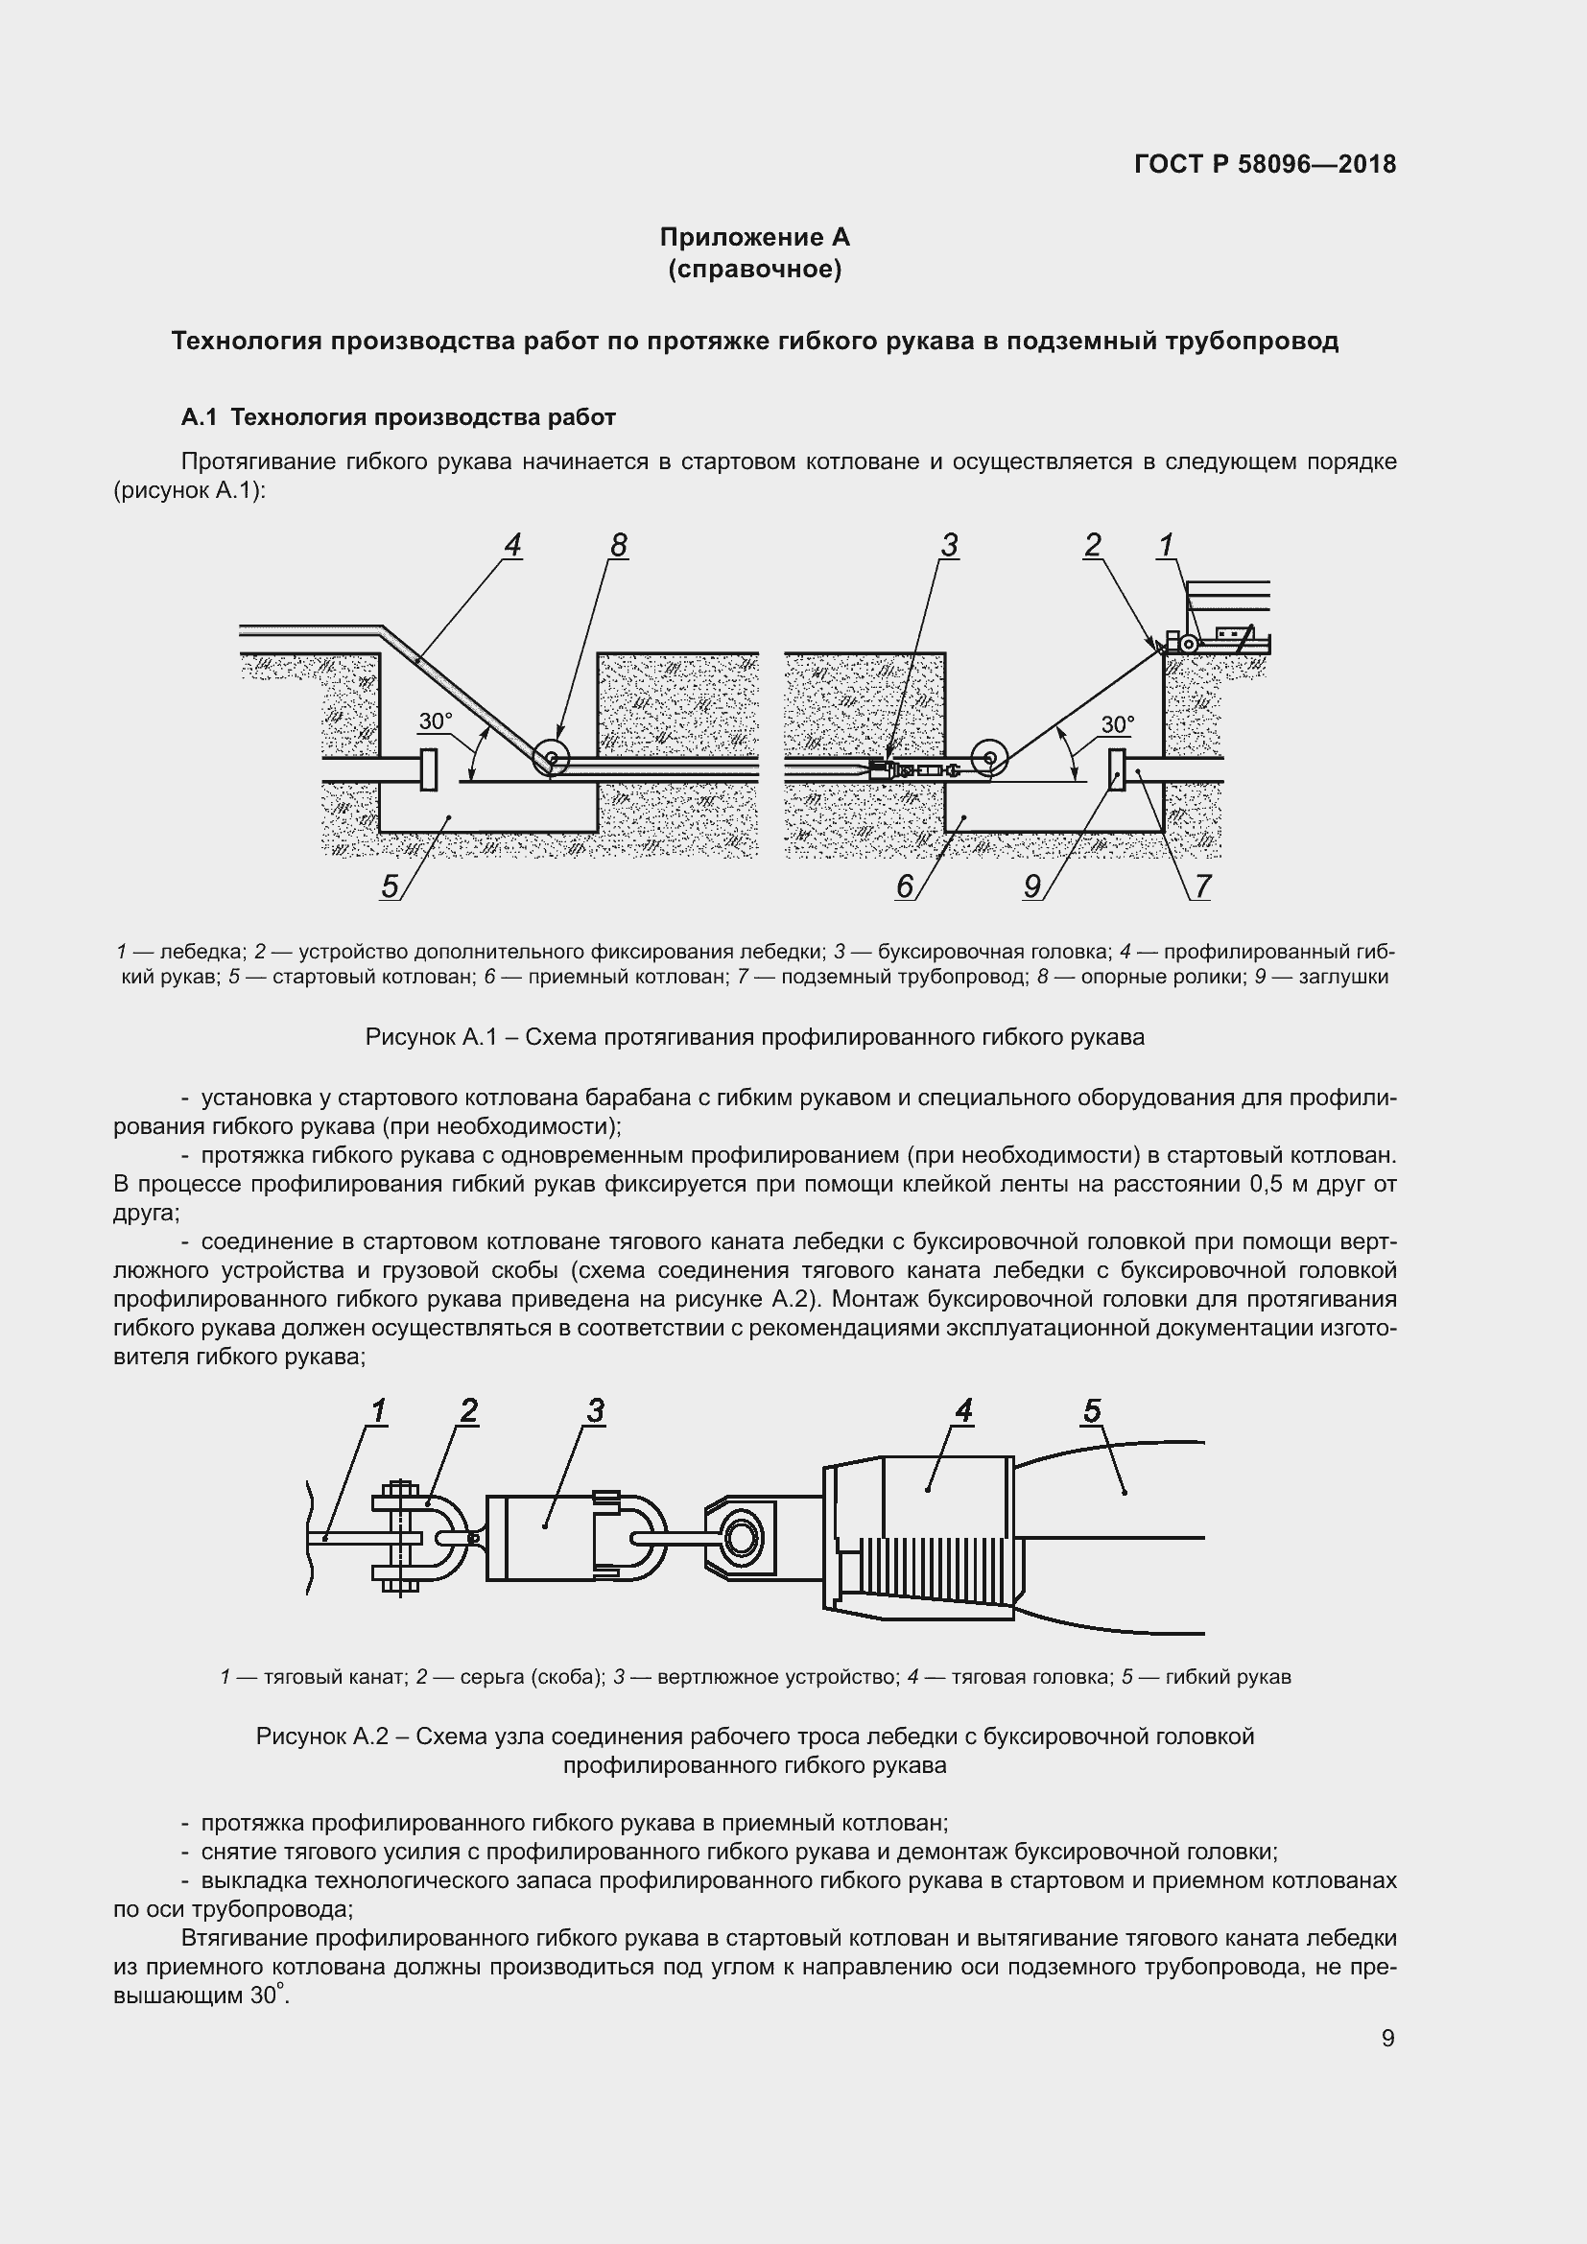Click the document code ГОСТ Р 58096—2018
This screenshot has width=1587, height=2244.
click(1265, 164)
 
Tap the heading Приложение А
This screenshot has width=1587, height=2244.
click(754, 238)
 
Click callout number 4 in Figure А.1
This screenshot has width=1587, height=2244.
click(512, 545)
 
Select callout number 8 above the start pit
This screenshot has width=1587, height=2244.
click(618, 545)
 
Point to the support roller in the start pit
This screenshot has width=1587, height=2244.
click(551, 758)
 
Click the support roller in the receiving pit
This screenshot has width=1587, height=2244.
click(990, 758)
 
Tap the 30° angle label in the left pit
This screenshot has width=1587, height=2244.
click(436, 722)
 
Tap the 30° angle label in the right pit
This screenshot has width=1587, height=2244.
click(1117, 725)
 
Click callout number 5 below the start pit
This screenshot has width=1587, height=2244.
click(390, 886)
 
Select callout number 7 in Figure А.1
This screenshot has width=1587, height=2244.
click(1203, 886)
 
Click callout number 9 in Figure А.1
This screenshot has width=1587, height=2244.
click(1032, 886)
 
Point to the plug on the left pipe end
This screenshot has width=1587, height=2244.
click(428, 769)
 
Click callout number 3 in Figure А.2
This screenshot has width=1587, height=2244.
click(595, 1410)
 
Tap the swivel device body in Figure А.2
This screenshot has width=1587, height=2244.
click(542, 1537)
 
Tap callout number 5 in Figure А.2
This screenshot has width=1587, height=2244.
click(1092, 1410)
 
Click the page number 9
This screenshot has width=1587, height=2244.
click(1387, 2038)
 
